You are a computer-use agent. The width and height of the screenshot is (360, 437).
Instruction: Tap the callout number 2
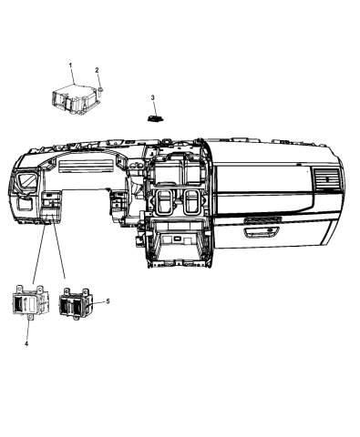[98, 69]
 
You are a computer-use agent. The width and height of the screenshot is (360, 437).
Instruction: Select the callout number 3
[153, 97]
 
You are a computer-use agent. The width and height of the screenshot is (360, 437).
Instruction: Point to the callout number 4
[26, 342]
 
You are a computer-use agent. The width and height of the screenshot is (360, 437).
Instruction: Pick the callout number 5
[107, 300]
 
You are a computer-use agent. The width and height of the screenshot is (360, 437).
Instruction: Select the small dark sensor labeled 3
[155, 117]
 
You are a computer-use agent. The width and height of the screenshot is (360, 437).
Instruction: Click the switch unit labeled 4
[31, 301]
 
